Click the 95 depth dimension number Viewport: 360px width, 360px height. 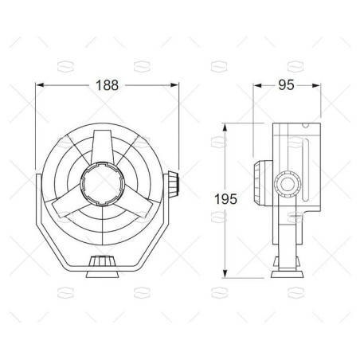pos(288,86)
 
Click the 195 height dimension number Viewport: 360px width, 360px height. pos(226,200)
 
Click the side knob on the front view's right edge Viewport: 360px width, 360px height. pos(173,186)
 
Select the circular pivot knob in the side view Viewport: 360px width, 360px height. pos(284,186)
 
